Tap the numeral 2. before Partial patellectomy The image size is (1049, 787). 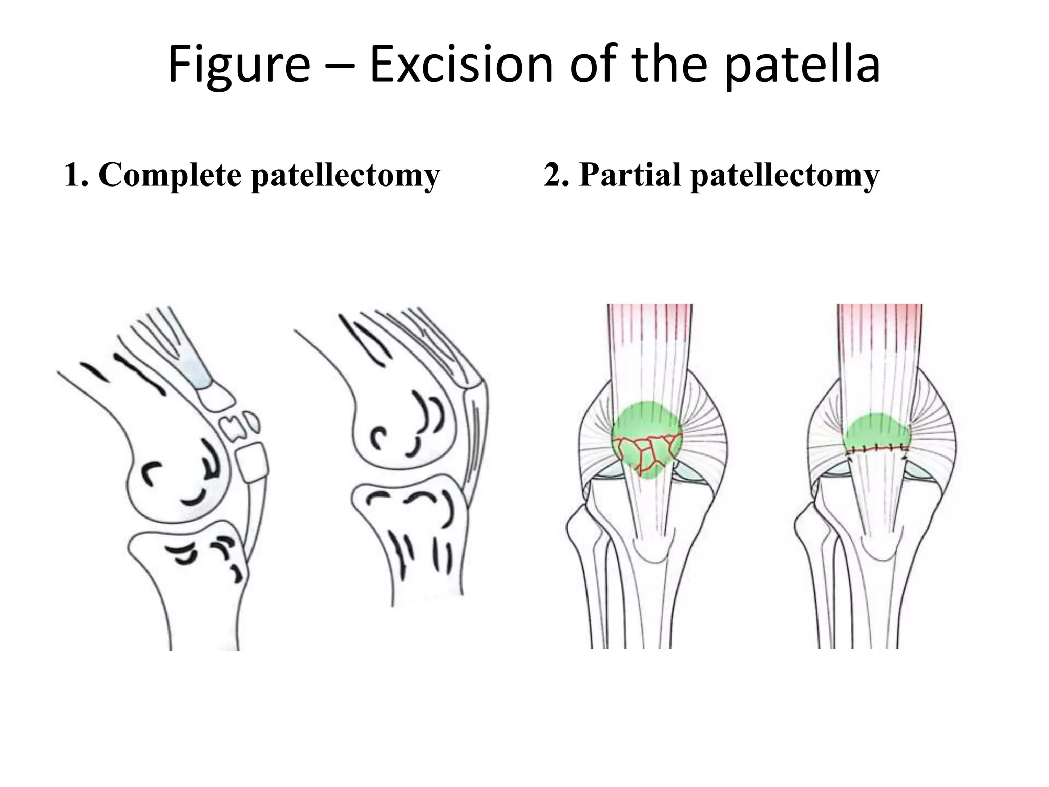tap(557, 175)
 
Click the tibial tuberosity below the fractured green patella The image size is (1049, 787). tap(651, 551)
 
